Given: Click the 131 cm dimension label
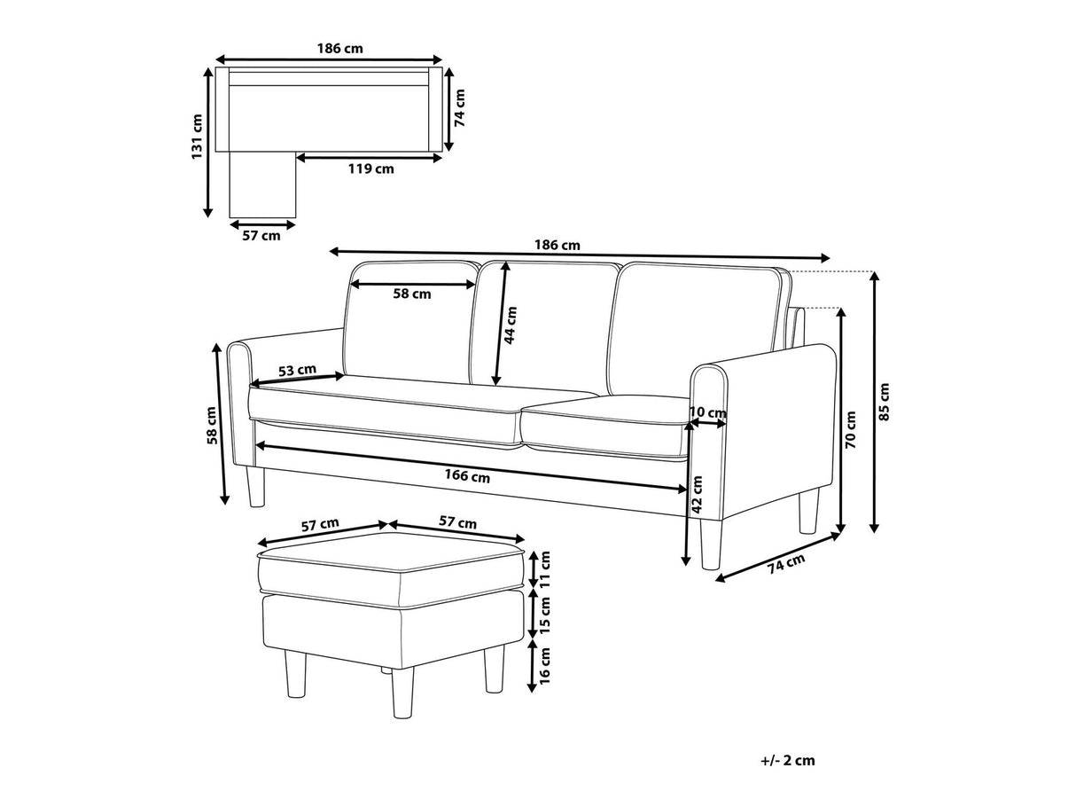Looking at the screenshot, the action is point(197,137).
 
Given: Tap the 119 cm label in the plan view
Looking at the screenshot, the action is point(371,169).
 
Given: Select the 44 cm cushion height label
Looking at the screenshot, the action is point(511,325).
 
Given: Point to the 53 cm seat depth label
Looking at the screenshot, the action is point(297,370).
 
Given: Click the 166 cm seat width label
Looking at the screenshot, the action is point(467,475).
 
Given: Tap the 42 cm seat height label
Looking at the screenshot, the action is point(697,494).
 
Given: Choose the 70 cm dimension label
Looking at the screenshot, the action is point(851,430).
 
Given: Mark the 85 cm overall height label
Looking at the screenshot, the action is point(884,402).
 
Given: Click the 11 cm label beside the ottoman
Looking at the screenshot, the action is point(544,568).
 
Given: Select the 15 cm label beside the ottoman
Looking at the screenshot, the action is point(544,615).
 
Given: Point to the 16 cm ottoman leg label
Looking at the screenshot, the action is point(544,665).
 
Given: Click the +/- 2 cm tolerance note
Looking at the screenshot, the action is point(788,760).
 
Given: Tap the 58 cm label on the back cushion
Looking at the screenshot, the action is point(412,294).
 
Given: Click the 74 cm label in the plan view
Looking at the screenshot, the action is point(460,108).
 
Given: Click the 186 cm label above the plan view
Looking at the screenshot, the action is point(339,49).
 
